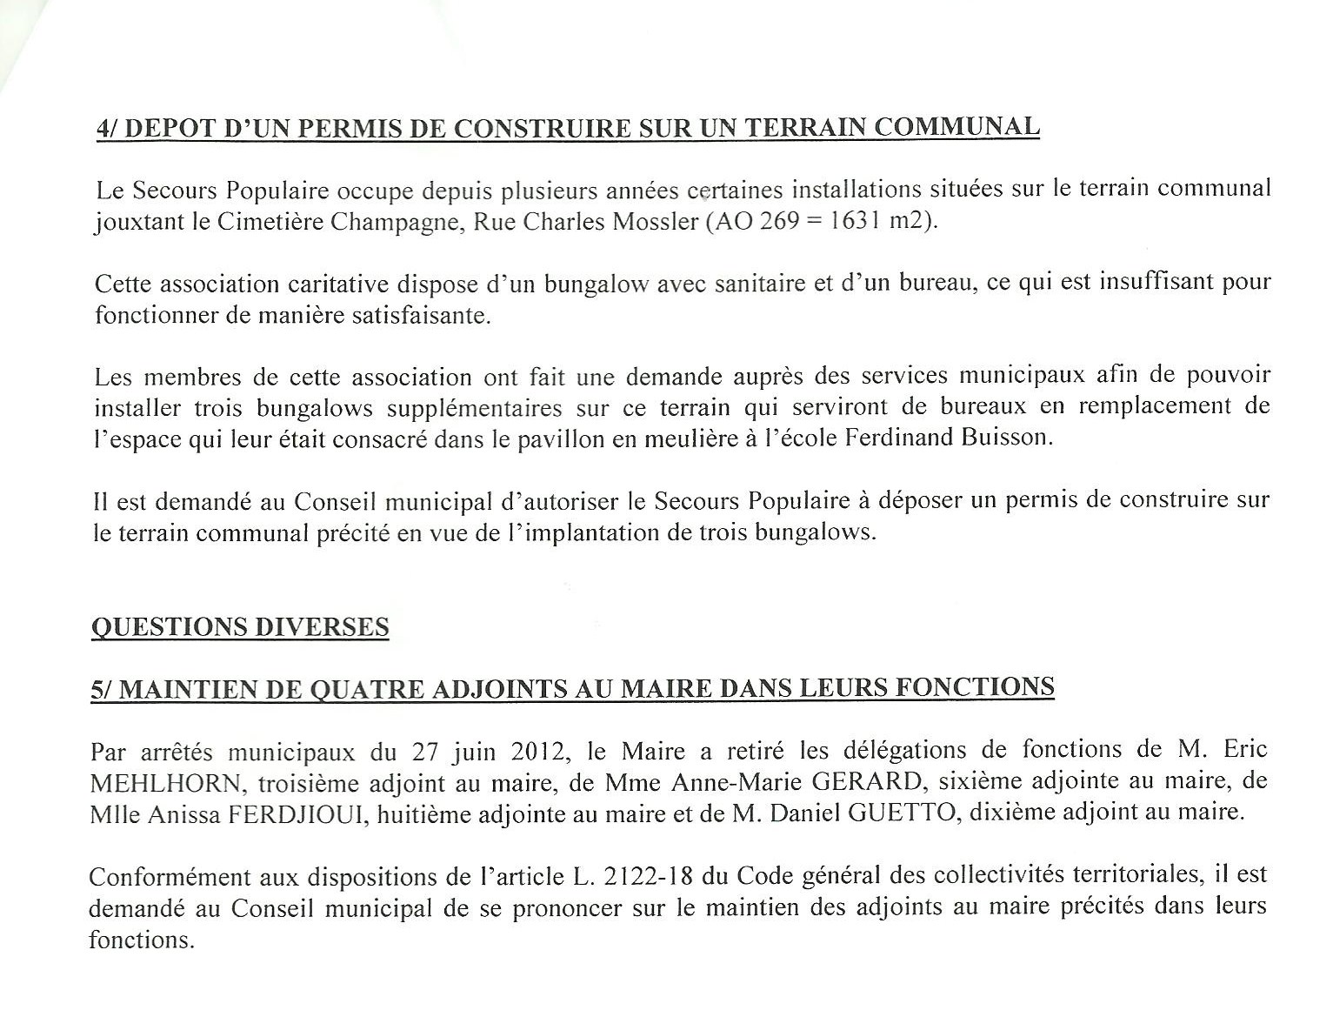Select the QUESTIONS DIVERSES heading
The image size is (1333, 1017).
tap(240, 627)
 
